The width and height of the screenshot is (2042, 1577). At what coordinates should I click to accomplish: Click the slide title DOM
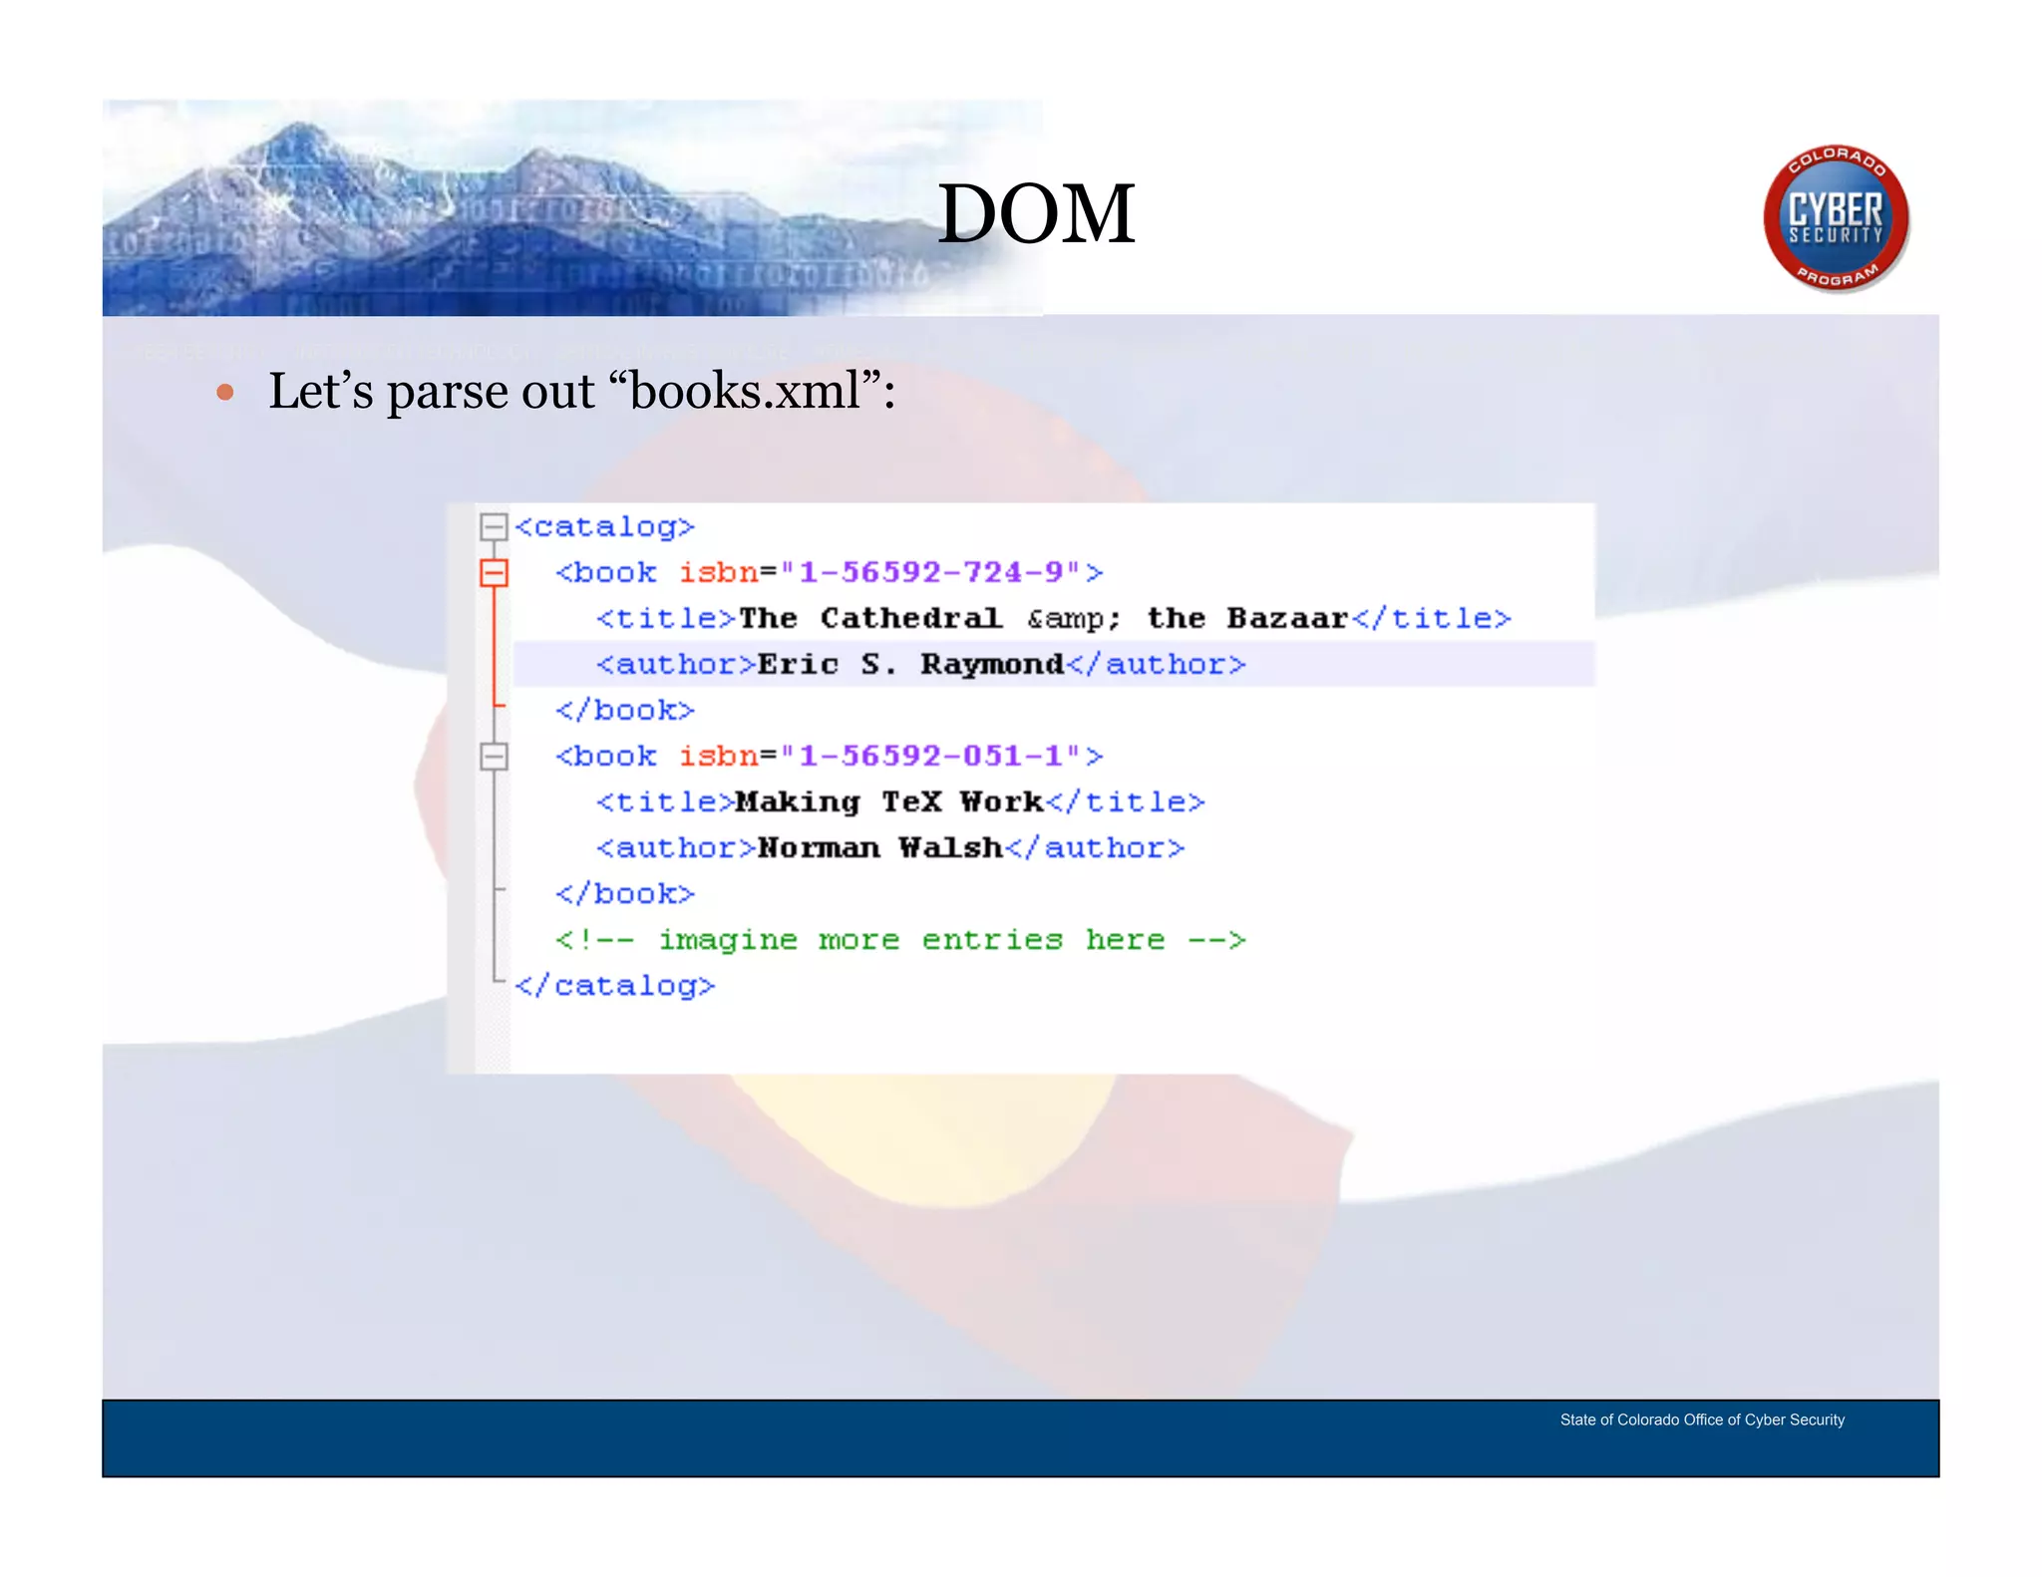pos(1036,214)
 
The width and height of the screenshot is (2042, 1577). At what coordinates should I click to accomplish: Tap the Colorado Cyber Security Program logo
pos(1836,218)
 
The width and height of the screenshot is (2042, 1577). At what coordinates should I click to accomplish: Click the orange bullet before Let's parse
pos(225,393)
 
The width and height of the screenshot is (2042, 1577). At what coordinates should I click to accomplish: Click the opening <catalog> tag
pos(604,526)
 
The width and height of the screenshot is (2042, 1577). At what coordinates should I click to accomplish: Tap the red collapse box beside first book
pos(494,572)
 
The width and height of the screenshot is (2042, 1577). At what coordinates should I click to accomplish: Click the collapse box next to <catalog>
pos(494,526)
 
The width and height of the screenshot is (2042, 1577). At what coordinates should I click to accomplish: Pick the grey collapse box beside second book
pos(494,756)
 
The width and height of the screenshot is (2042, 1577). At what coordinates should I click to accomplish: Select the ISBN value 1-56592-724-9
pos(931,572)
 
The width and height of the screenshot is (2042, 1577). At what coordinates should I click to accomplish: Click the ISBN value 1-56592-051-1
pos(931,756)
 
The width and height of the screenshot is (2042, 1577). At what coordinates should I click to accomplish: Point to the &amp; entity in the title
pos(1074,619)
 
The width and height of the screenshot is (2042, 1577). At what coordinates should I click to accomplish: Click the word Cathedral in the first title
pos(910,618)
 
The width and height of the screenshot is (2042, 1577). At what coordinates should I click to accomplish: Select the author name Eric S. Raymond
pos(910,664)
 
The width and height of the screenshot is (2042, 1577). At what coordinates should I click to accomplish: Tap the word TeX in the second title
pos(910,801)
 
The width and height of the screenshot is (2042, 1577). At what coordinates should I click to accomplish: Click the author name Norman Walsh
pos(879,847)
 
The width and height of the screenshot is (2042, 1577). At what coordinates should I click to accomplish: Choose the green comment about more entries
pos(900,940)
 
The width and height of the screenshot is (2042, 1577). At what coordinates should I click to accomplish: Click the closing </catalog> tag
pos(615,986)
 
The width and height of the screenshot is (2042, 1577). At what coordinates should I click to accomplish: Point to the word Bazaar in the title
pos(1286,618)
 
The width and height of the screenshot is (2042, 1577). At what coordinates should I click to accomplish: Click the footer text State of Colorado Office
pos(1702,1419)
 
